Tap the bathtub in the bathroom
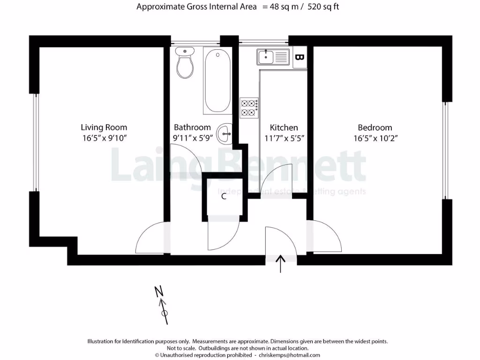point(217,81)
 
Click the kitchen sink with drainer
point(272,57)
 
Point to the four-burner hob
point(249,107)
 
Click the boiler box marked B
point(300,57)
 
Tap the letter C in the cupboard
point(224,196)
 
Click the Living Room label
point(104,127)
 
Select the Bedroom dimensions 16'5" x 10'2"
point(375,138)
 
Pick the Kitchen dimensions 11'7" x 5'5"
point(284,138)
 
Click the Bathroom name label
point(192,127)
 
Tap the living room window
point(35,142)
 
